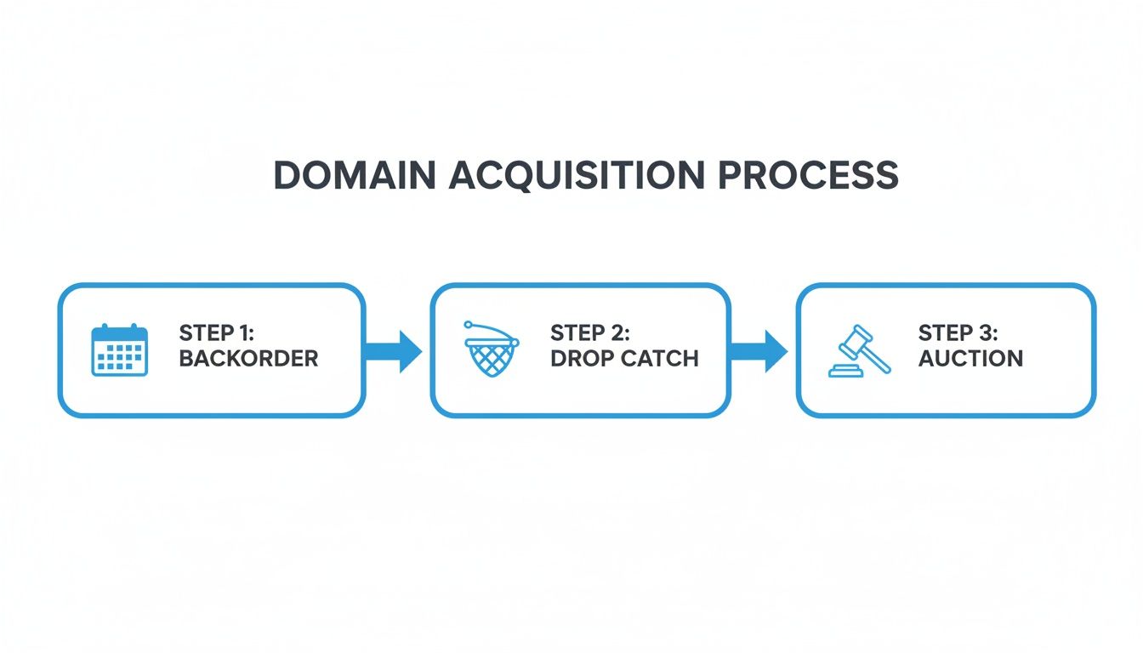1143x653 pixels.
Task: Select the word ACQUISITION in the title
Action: point(577,175)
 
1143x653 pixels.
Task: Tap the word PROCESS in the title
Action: point(808,175)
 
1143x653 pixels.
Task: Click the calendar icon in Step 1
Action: point(119,349)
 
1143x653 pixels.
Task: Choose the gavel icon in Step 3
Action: point(860,349)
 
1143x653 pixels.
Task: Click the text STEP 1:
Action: point(218,332)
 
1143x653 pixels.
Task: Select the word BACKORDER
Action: point(248,358)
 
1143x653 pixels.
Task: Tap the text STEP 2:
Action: point(590,332)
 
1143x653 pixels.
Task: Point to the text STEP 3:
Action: point(958,332)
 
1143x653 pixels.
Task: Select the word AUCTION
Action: point(970,358)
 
